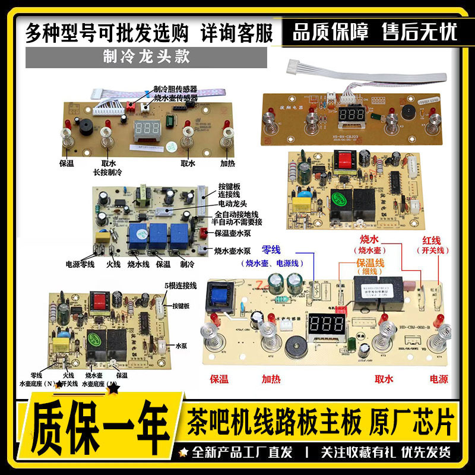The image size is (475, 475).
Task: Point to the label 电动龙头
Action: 231,202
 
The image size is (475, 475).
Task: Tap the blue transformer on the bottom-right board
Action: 217,296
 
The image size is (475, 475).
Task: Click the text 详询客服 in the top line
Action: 237,33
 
